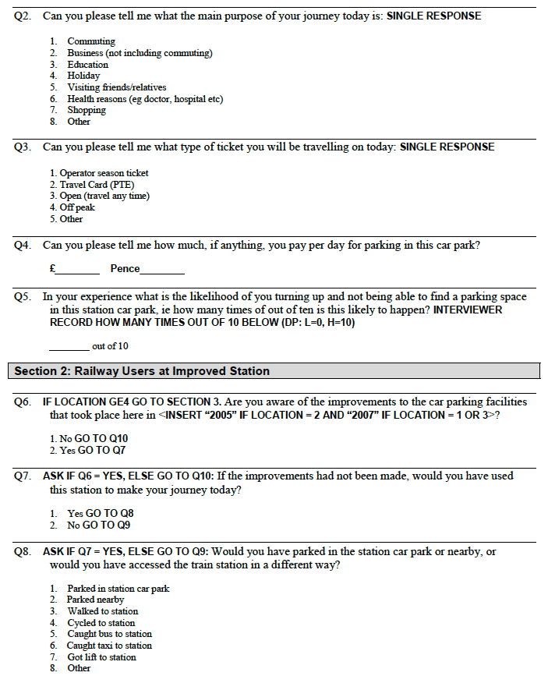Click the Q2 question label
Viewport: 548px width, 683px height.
point(23,16)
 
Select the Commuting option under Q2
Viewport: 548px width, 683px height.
point(90,41)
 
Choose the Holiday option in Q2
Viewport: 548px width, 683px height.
point(83,76)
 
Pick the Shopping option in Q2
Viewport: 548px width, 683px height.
point(86,110)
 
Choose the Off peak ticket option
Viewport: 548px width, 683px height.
point(77,208)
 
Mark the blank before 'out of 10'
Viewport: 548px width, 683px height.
point(69,349)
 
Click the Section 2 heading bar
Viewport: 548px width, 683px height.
point(274,371)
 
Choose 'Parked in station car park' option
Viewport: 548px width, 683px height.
point(118,589)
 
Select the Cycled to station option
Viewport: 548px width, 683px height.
point(101,623)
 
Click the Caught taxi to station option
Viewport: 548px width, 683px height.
point(109,646)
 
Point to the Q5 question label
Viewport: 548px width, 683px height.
point(23,297)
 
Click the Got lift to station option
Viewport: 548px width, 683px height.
point(101,657)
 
